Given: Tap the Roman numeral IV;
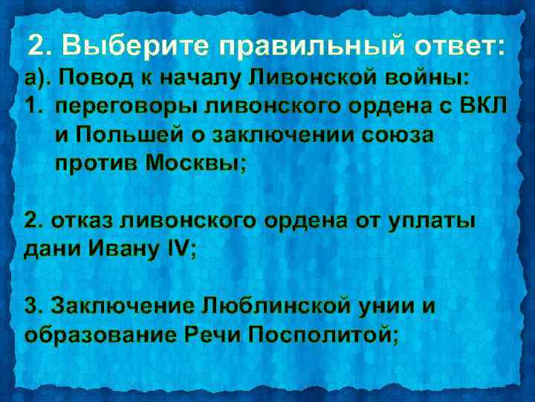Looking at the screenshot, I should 178,250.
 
